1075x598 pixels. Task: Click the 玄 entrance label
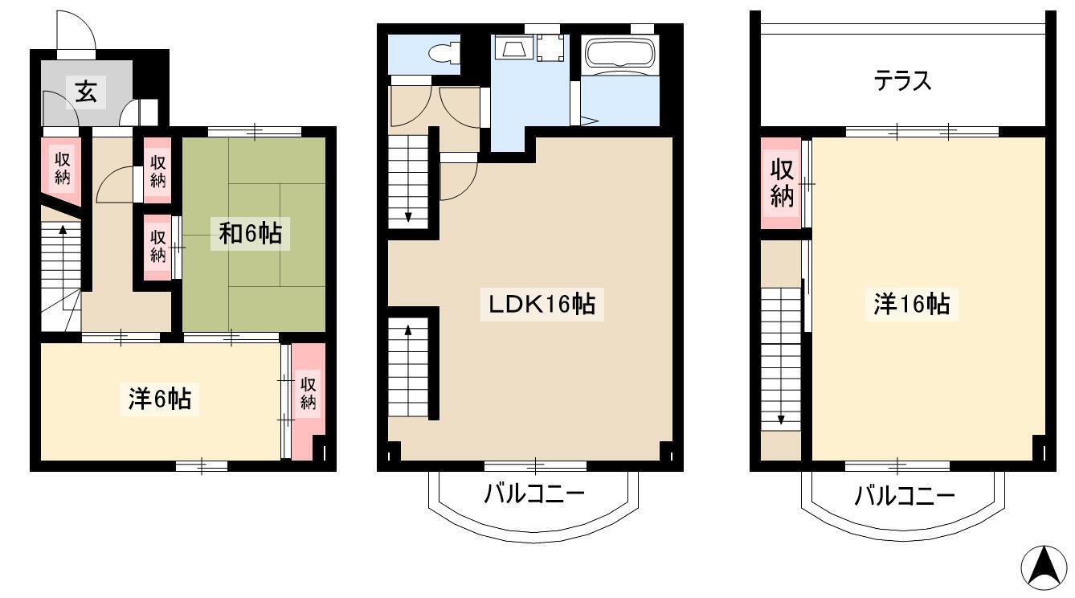click(87, 92)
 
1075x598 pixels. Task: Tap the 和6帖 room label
click(250, 234)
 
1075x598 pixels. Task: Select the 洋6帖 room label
click(159, 399)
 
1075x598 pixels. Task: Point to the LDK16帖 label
click(542, 305)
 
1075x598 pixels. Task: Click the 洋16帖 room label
click(911, 305)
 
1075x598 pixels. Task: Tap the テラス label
click(903, 81)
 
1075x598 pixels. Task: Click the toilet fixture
click(444, 53)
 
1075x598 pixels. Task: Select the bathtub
click(620, 55)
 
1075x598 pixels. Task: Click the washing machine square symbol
click(550, 48)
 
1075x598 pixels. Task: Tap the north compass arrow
click(1044, 568)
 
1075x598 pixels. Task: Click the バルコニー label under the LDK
click(534, 494)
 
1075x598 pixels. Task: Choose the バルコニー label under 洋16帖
click(905, 496)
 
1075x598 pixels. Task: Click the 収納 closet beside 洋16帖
click(782, 182)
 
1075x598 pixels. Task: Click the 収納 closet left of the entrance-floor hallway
click(62, 169)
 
